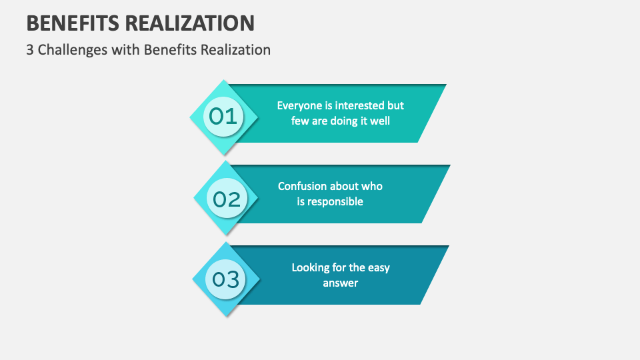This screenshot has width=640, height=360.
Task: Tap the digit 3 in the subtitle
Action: coord(30,49)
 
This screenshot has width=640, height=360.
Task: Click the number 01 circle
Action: coord(223,117)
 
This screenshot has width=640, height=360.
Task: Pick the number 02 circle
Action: coord(227,199)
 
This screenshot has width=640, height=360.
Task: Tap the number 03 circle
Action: coord(226,279)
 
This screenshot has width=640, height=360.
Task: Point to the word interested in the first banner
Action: coord(361,105)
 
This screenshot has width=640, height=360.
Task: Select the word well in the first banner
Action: coord(380,121)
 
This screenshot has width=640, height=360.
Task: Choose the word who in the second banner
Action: coord(372,186)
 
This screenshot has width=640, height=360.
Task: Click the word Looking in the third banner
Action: coord(311,267)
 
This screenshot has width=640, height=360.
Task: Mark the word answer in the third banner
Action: coord(341,283)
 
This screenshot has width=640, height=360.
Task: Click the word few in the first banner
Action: coord(300,121)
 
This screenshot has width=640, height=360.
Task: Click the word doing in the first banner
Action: coord(345,121)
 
